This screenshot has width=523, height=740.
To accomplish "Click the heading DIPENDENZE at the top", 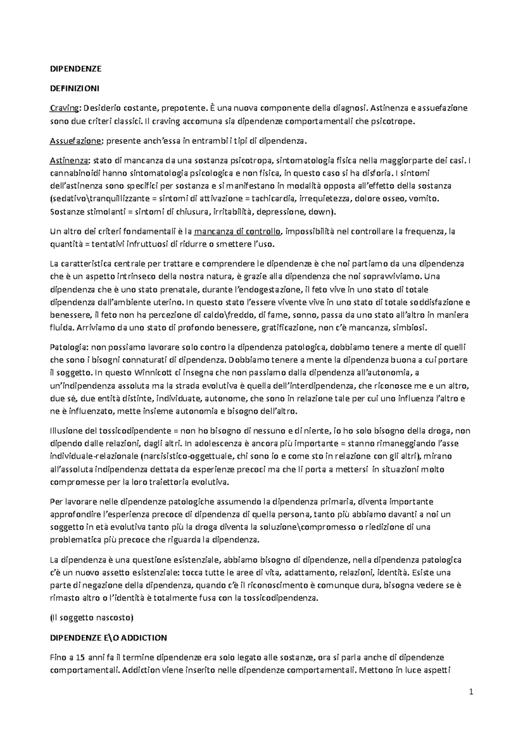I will pos(76,68).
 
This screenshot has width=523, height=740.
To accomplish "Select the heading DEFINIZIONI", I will pos(75,88).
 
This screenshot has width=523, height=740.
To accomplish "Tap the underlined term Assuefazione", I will pos(76,141).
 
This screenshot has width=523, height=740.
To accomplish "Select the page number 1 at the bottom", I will pos(471,692).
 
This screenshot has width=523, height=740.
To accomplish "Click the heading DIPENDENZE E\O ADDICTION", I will pos(109,638).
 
